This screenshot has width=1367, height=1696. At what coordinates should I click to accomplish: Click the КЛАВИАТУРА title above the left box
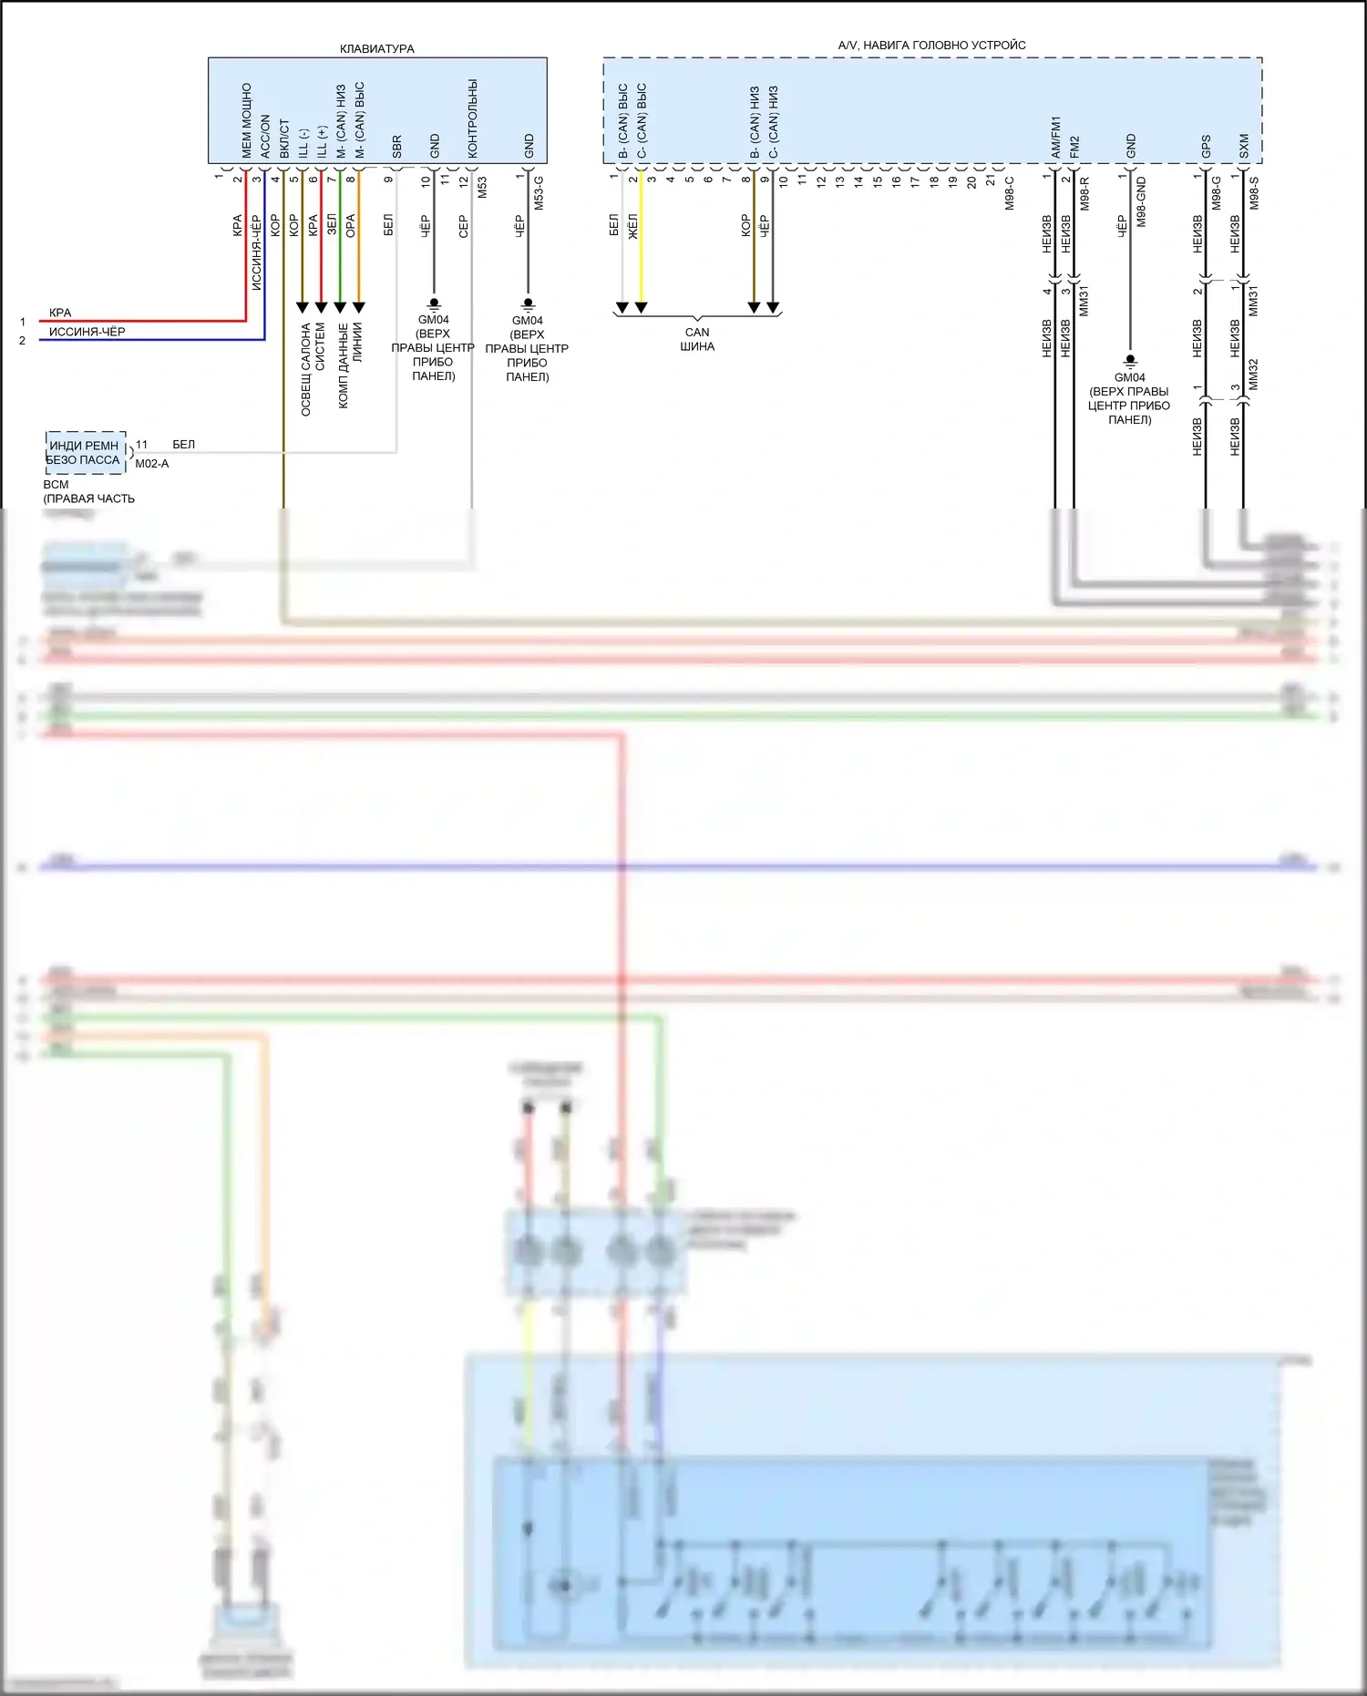[x=376, y=49]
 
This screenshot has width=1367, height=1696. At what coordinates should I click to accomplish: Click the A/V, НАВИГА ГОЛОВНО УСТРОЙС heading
[x=931, y=46]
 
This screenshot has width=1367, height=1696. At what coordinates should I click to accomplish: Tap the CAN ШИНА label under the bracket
[x=697, y=339]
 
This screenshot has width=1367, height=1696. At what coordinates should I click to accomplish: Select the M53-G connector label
[x=539, y=193]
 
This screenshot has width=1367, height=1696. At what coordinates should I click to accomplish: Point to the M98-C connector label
[x=1010, y=193]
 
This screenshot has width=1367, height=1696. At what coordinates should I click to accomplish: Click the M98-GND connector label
[x=1142, y=202]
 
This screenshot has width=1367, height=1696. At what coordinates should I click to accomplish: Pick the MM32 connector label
[x=1253, y=374]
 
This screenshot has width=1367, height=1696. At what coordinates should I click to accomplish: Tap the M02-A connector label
[x=152, y=464]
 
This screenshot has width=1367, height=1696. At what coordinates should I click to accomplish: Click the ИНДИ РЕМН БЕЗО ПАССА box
[x=85, y=453]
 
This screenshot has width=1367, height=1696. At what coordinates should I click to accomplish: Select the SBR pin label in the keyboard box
[x=396, y=147]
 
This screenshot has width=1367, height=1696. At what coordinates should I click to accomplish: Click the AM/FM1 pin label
[x=1056, y=137]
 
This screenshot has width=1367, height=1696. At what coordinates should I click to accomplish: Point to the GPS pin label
[x=1206, y=146]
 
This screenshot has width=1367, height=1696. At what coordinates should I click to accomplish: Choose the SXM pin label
[x=1244, y=146]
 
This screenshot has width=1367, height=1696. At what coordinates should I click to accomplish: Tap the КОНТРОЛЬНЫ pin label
[x=472, y=118]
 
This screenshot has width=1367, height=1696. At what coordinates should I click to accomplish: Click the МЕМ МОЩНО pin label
[x=246, y=120]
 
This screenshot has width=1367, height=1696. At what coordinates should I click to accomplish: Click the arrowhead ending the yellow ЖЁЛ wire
[x=642, y=308]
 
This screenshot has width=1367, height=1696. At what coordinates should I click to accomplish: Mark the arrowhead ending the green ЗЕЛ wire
[x=340, y=307]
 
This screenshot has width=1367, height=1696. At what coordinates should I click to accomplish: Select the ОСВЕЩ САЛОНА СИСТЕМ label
[x=313, y=368]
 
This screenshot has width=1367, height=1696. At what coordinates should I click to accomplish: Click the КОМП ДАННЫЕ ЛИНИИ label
[x=350, y=365]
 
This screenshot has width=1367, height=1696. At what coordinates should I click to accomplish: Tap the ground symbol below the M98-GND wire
[x=1130, y=360]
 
